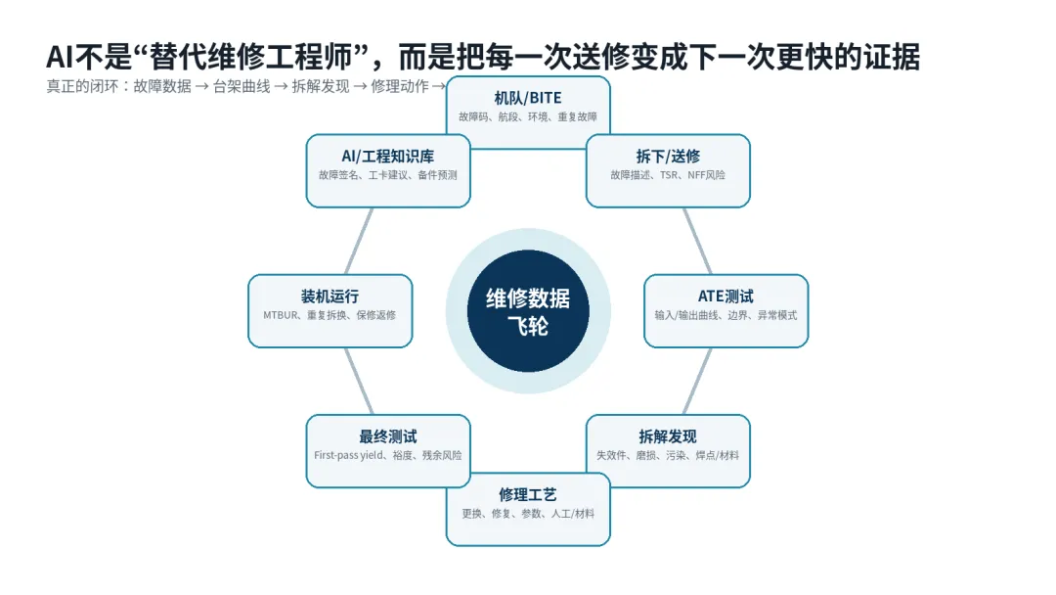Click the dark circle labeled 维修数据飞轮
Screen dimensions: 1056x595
pyautogui.click(x=528, y=310)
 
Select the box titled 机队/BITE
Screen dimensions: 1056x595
pyautogui.click(x=528, y=112)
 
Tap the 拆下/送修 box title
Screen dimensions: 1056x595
pyautogui.click(x=668, y=157)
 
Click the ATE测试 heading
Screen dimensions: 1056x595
pyautogui.click(x=726, y=297)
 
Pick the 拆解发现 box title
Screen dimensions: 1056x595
pyautogui.click(x=668, y=436)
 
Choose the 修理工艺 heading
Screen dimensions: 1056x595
pyautogui.click(x=528, y=494)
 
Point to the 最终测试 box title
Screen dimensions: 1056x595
pyautogui.click(x=388, y=436)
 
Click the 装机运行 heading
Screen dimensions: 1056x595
pyautogui.click(x=330, y=297)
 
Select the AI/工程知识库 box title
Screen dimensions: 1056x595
pyautogui.click(x=388, y=157)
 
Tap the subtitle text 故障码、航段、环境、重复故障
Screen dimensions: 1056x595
pyautogui.click(x=528, y=117)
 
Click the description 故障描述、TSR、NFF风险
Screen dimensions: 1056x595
pyautogui.click(x=668, y=175)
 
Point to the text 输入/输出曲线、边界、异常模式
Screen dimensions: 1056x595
pyautogui.click(x=726, y=315)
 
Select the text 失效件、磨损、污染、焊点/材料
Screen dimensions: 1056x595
pyautogui.click(x=668, y=455)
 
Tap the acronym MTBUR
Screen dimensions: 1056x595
pyautogui.click(x=281, y=315)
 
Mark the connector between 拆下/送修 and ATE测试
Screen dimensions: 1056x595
pyautogui.click(x=698, y=242)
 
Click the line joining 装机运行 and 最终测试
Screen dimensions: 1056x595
pyautogui.click(x=359, y=381)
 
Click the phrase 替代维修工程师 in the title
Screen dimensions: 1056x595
pyautogui.click(x=250, y=57)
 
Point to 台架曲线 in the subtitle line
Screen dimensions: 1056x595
pyautogui.click(x=242, y=86)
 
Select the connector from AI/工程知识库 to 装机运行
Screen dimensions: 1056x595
pyautogui.click(x=359, y=242)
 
